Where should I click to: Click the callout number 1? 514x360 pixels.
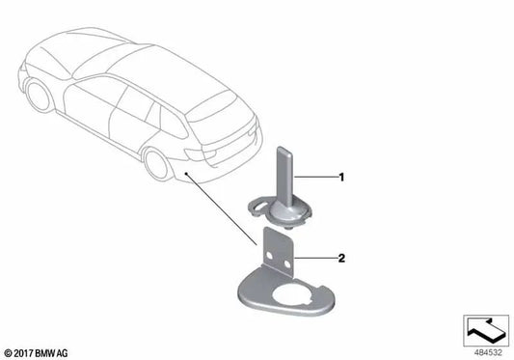point(340,178)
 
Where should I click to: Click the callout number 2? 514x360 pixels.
point(340,259)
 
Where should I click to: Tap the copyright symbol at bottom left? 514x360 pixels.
point(10,350)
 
